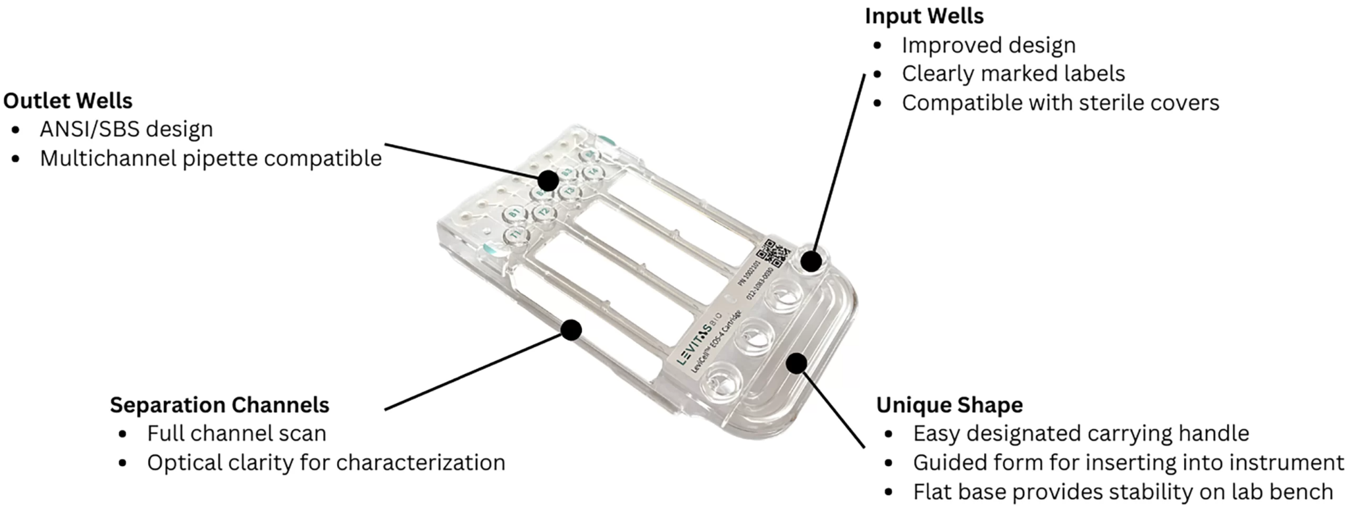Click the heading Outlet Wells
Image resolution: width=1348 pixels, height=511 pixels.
[68, 101]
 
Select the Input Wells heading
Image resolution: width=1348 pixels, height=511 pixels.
[924, 16]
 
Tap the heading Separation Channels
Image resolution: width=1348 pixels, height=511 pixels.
[219, 405]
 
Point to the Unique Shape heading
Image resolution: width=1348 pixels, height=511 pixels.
[949, 405]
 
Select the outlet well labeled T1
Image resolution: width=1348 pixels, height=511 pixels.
[517, 235]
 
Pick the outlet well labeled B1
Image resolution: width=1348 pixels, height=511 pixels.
[514, 213]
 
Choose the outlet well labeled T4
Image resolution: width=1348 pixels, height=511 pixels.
[593, 172]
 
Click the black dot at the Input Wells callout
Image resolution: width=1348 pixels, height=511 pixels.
[812, 261]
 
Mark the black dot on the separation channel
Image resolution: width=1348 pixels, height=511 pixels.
[572, 330]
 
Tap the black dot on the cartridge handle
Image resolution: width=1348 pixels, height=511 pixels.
[796, 363]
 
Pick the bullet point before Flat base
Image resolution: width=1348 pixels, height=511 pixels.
[889, 492]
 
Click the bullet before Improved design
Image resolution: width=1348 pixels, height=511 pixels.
[877, 45]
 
